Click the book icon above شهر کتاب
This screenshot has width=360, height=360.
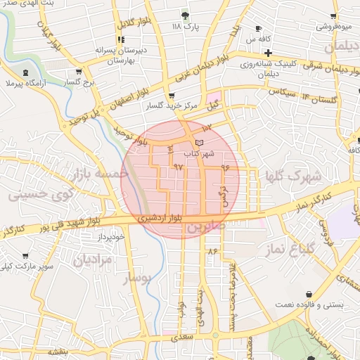pyautogui.click(x=199, y=143)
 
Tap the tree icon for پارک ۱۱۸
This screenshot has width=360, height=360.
pyautogui.click(x=185, y=15)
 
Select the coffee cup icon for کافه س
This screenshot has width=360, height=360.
pyautogui.click(x=259, y=29)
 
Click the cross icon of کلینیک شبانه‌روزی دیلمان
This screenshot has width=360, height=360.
pyautogui.click(x=268, y=52)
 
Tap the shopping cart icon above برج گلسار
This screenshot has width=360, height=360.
pyautogui.click(x=79, y=71)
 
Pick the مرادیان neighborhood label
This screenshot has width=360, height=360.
pyautogui.click(x=91, y=259)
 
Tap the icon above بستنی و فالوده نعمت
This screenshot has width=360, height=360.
pyautogui.click(x=309, y=294)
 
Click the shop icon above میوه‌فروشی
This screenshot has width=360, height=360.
pyautogui.click(x=336, y=16)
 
